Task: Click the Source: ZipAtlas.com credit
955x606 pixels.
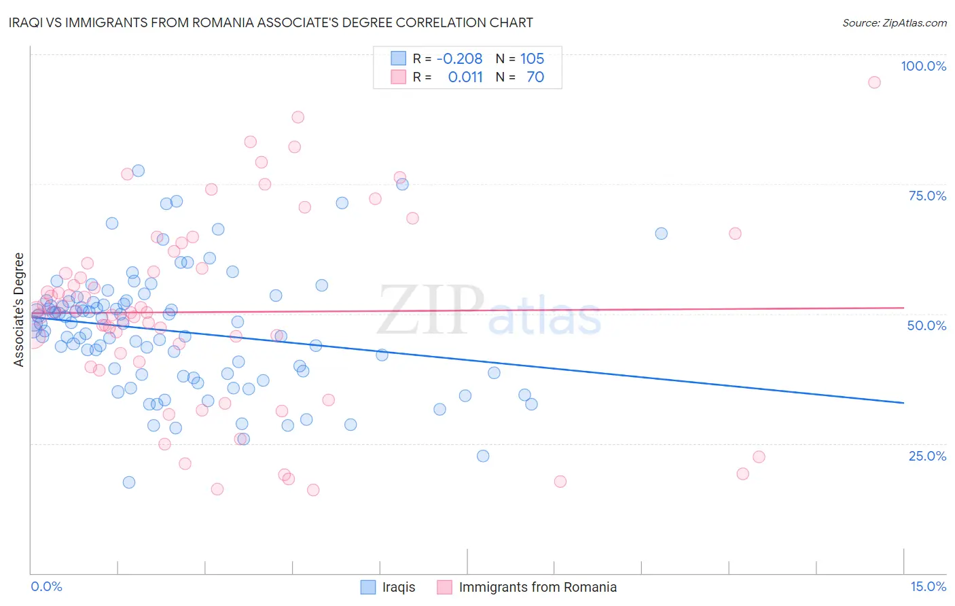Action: pyautogui.click(x=894, y=23)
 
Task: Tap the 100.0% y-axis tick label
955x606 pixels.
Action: pyautogui.click(x=923, y=66)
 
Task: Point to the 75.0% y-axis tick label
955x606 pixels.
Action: pyautogui.click(x=927, y=196)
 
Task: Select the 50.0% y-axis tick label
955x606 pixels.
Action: pyautogui.click(x=926, y=325)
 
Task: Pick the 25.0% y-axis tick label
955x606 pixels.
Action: pyautogui.click(x=927, y=456)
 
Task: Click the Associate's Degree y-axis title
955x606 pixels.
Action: pyautogui.click(x=19, y=310)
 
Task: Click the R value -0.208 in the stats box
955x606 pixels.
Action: pyautogui.click(x=459, y=58)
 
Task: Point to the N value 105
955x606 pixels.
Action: pyautogui.click(x=532, y=58)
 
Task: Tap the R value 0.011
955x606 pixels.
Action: pyautogui.click(x=465, y=77)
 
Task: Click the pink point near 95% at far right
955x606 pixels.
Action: pyautogui.click(x=874, y=82)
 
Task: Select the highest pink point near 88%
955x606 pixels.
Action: pyautogui.click(x=298, y=117)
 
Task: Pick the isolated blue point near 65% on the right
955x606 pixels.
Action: pyautogui.click(x=661, y=234)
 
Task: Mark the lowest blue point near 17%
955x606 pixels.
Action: pyautogui.click(x=129, y=482)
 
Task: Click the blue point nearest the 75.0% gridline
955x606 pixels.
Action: pyautogui.click(x=402, y=184)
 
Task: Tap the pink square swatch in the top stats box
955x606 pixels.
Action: pyautogui.click(x=398, y=77)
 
